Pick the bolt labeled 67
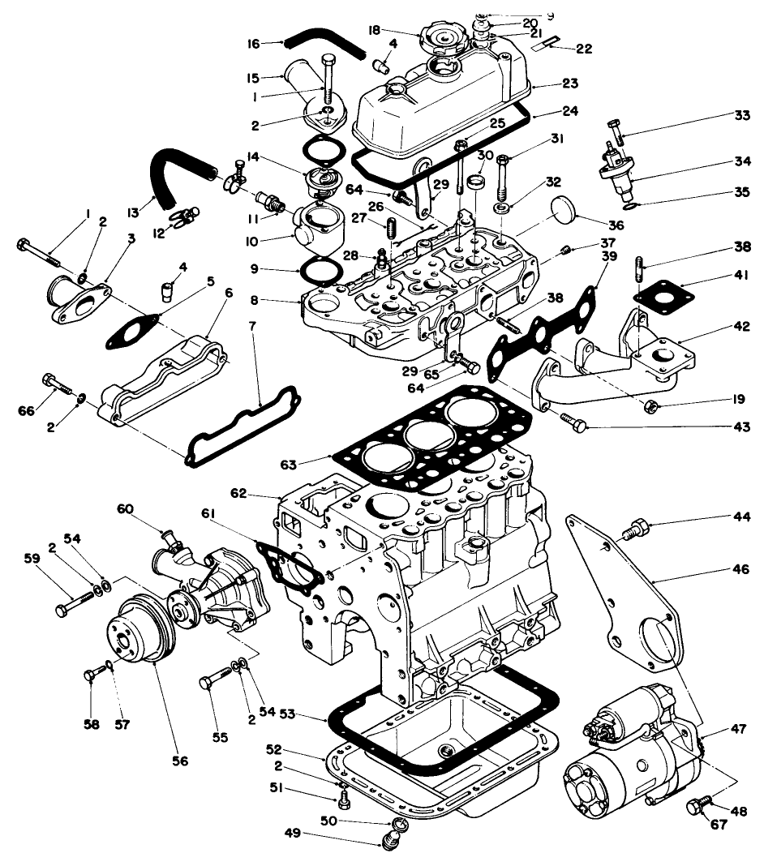coord(696,807)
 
